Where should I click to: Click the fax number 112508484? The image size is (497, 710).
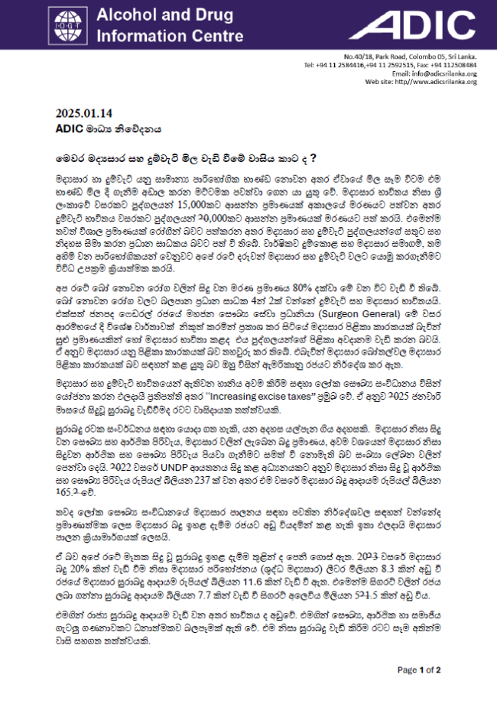click(x=459, y=65)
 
